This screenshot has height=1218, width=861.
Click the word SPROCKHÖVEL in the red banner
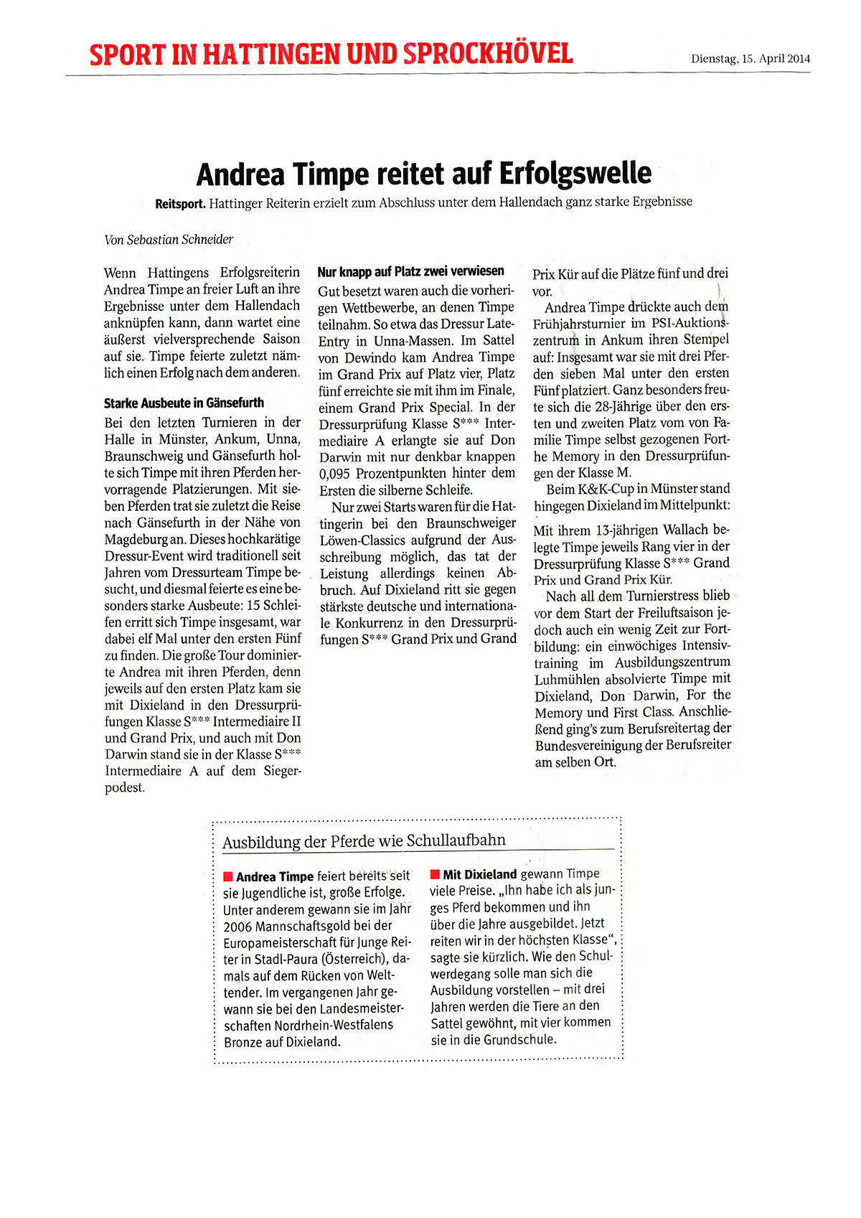[x=488, y=54]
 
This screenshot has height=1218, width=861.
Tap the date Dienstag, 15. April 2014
[x=751, y=59]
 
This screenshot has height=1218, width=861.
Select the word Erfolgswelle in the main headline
[x=575, y=174]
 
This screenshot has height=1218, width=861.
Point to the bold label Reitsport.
[x=180, y=203]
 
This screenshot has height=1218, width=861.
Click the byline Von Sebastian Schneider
[x=169, y=240]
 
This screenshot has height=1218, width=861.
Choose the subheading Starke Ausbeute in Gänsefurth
[x=184, y=403]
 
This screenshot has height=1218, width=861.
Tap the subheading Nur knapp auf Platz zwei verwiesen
[x=410, y=271]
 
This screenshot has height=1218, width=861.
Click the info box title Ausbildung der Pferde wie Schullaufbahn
[x=364, y=840]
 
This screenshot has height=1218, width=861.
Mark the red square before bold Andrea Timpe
[x=228, y=876]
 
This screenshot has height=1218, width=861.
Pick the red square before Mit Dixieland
[x=435, y=874]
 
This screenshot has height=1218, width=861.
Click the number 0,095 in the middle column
[x=334, y=474]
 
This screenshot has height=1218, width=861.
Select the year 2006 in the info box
[x=237, y=927]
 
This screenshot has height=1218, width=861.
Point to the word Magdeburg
[x=136, y=539]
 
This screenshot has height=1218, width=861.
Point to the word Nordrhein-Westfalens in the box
[x=334, y=1025]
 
